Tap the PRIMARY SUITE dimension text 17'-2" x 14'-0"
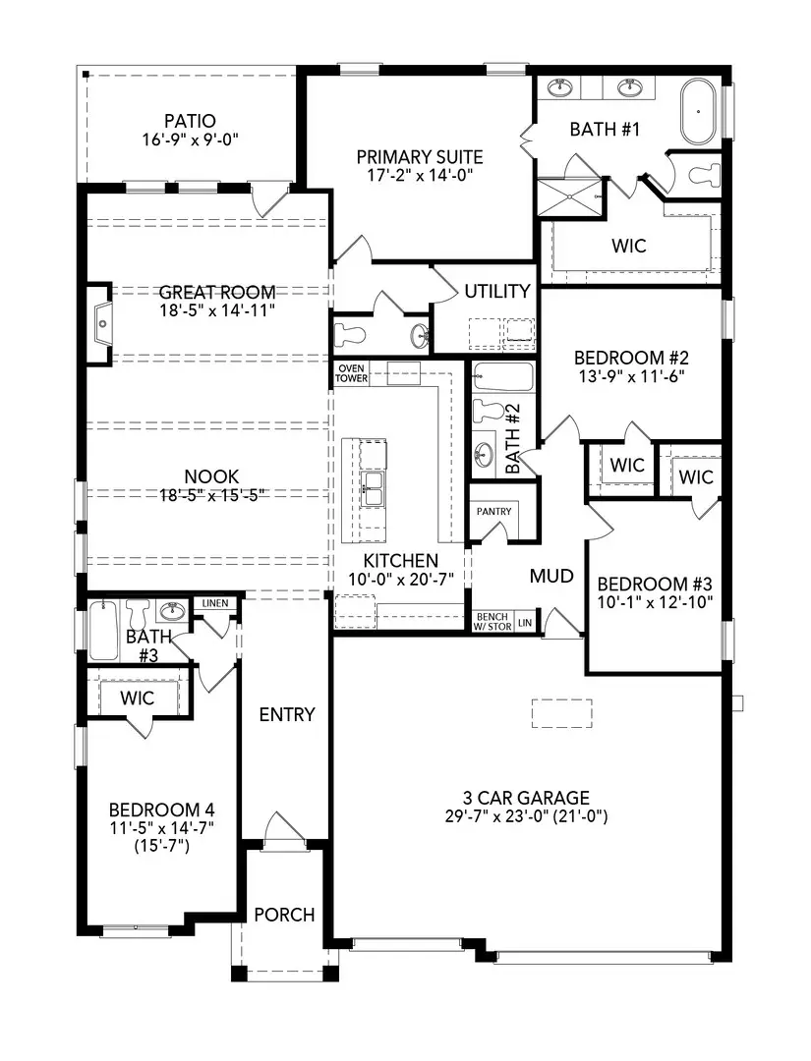(419, 176)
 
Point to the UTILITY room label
(497, 292)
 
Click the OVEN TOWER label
(351, 373)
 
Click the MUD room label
(551, 576)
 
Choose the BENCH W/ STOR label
(492, 622)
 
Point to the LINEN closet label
(215, 603)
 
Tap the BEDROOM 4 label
(161, 810)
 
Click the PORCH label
(284, 915)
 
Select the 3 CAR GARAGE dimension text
(528, 815)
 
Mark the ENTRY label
(287, 714)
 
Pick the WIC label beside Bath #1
(629, 246)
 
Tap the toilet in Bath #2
(489, 410)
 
